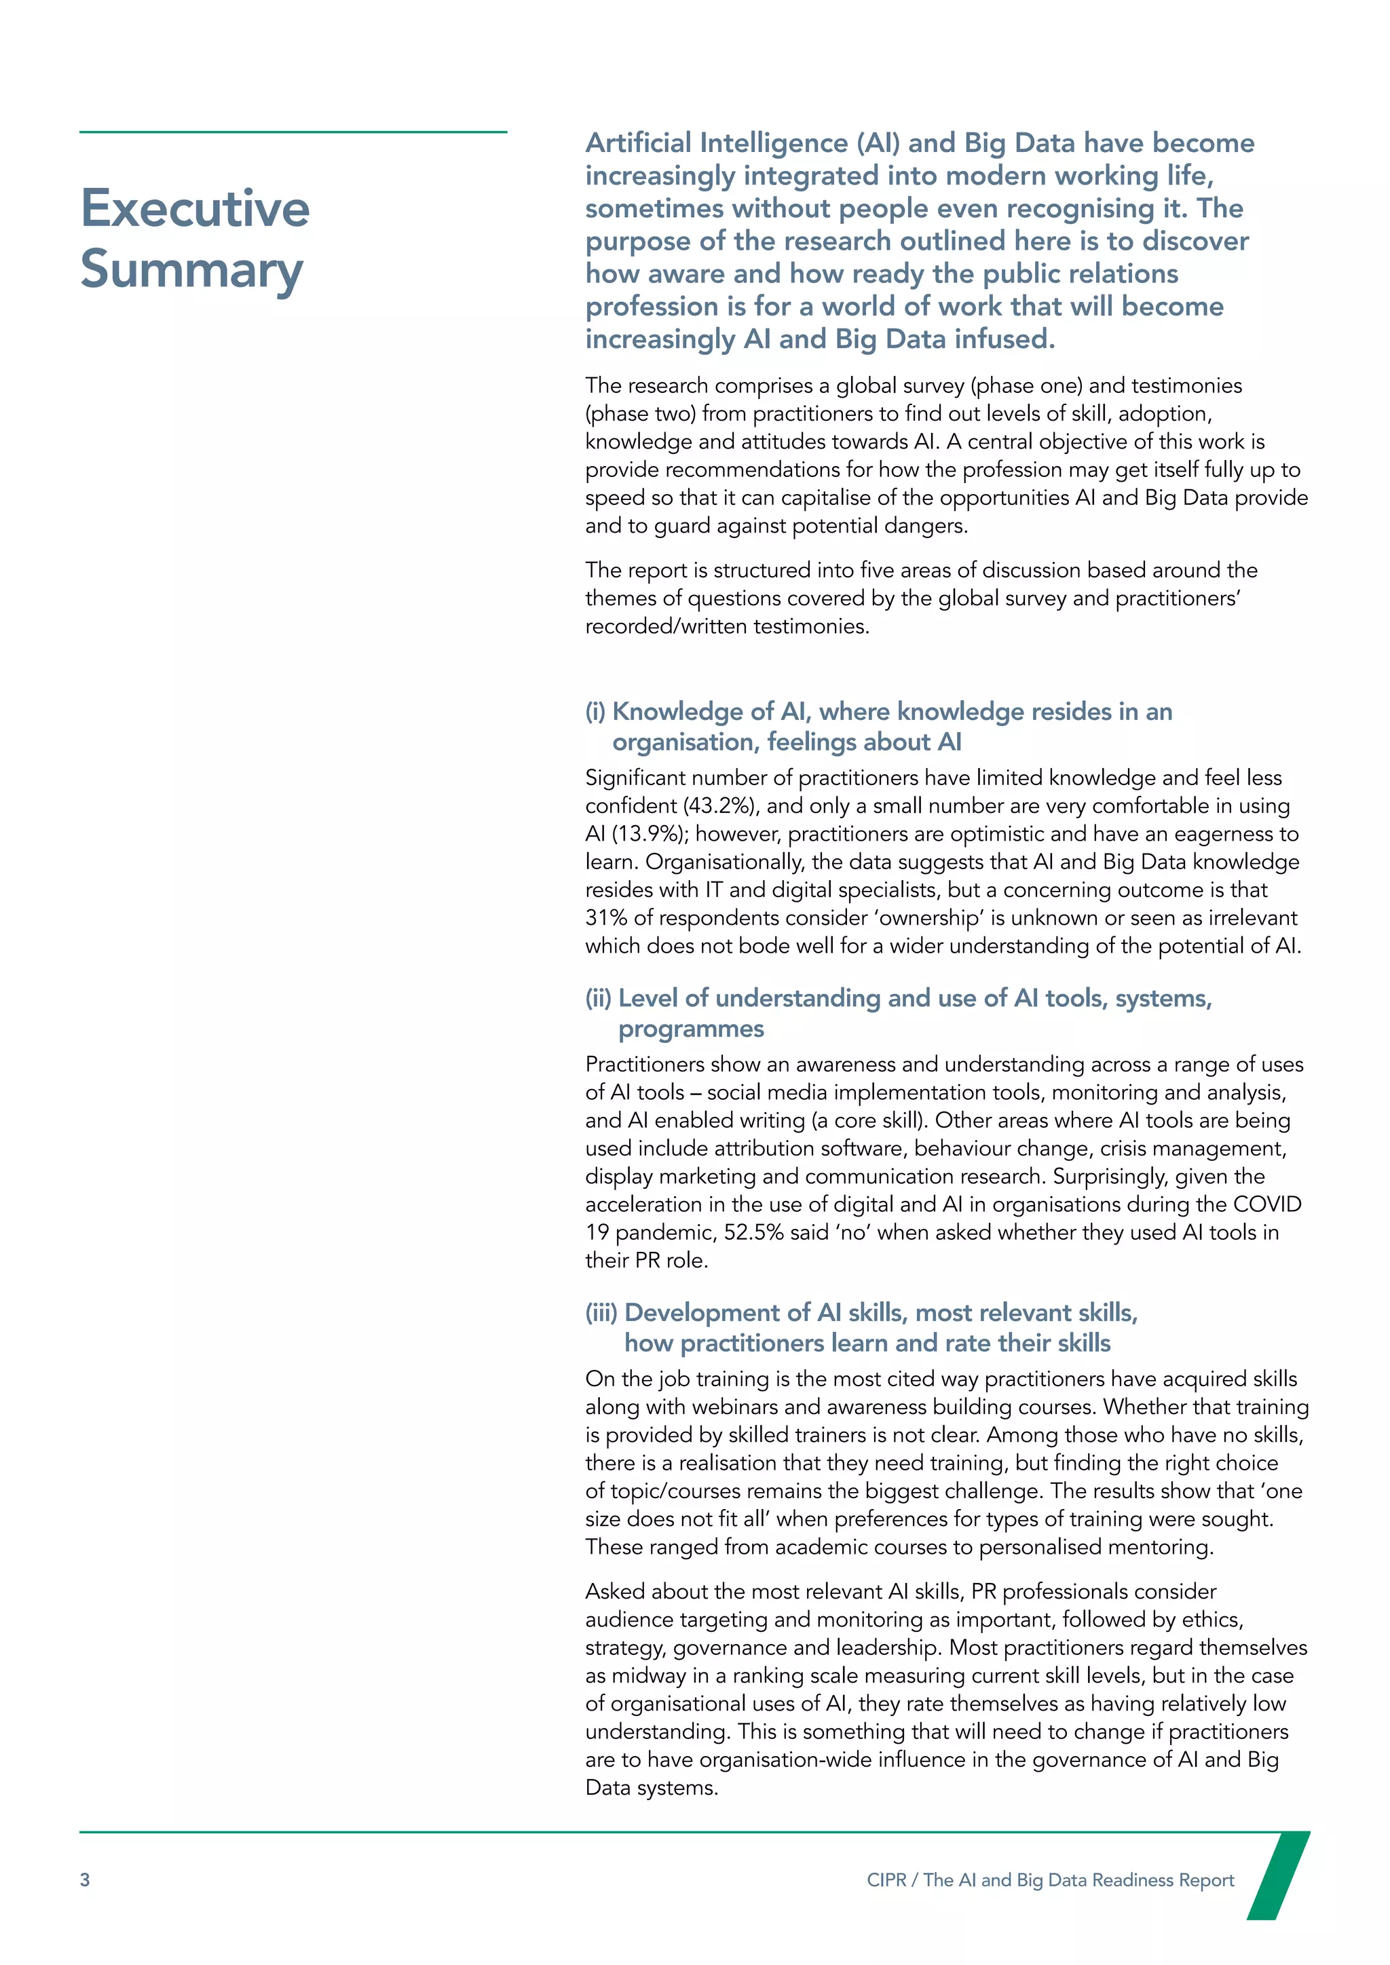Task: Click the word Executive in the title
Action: click(x=195, y=208)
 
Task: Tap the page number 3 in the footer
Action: click(x=85, y=1880)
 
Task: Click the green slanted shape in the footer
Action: click(x=1277, y=1875)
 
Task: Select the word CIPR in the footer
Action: click(x=886, y=1880)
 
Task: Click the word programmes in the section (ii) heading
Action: click(x=691, y=1029)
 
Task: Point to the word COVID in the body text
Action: click(x=1266, y=1205)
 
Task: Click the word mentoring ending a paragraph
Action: click(x=1160, y=1548)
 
